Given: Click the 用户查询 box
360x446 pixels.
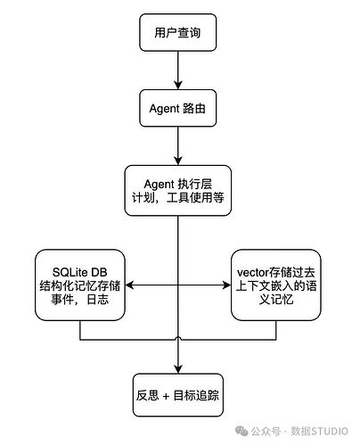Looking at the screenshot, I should click(x=179, y=32).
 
